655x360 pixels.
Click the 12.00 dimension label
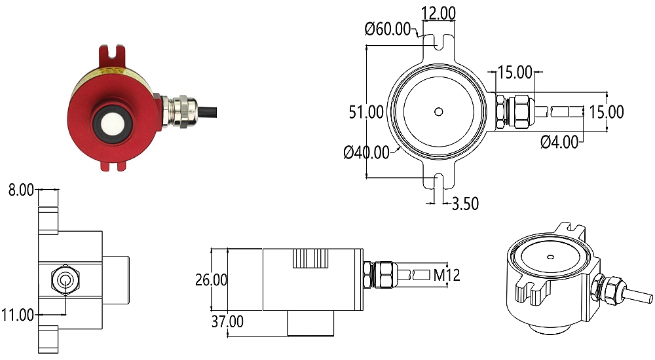point(439,13)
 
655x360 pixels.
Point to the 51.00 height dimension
point(365,112)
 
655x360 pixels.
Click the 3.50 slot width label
point(465,204)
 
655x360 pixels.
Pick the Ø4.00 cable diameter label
point(559,141)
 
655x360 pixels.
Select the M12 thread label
point(447,275)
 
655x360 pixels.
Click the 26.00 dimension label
point(211,279)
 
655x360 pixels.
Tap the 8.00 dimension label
point(20,190)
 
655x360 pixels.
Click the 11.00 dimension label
point(18,315)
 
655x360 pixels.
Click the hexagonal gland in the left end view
point(65,279)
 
